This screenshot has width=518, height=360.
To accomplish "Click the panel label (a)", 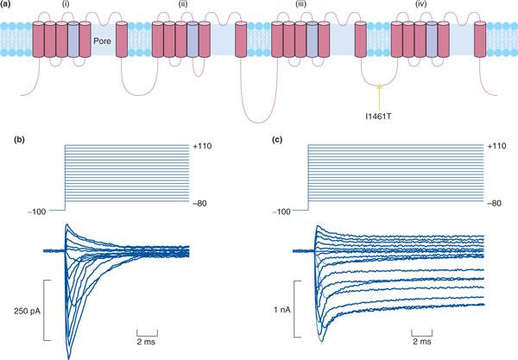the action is point(9,6).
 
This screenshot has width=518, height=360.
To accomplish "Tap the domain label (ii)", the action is point(184,11).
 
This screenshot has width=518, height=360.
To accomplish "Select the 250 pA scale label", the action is point(18,311).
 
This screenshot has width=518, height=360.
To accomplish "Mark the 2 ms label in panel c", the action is point(421,340).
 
